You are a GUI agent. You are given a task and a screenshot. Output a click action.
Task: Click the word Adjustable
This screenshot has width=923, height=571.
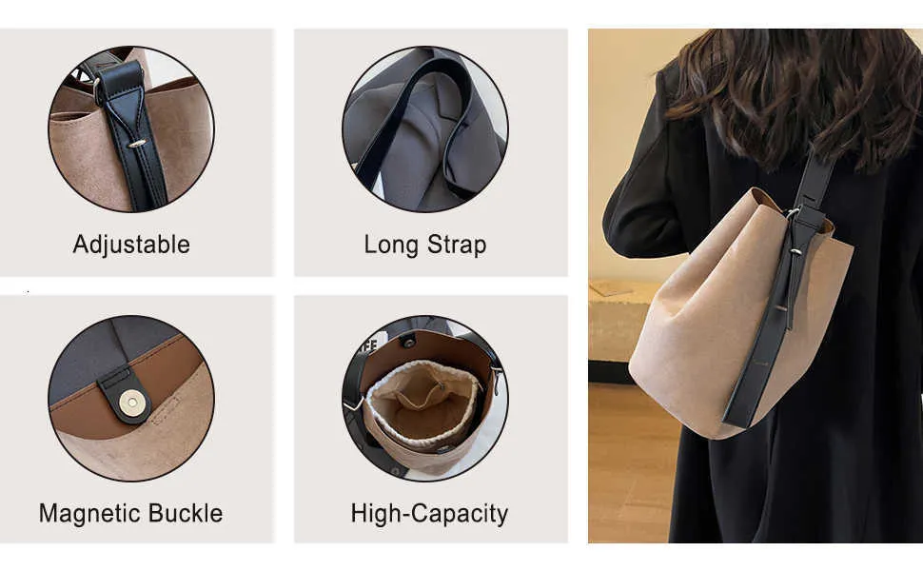[x=131, y=245]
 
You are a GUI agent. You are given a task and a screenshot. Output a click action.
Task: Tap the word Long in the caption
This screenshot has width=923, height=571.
[x=391, y=245]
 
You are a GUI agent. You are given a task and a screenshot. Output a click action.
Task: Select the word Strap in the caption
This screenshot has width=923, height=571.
[x=457, y=245]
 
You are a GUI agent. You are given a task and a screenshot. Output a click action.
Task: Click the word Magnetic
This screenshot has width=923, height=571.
[x=90, y=513]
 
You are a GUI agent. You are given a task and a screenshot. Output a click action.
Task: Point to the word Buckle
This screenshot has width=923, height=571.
[x=186, y=513]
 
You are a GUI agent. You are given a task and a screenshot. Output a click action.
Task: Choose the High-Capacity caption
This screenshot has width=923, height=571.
[x=430, y=513]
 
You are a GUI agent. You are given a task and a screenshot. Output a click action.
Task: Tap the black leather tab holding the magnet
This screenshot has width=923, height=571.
[x=125, y=395]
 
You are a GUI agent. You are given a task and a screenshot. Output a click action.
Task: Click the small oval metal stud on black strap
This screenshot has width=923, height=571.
[x=137, y=143]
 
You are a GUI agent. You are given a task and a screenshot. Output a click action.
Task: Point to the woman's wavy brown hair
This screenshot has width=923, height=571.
[x=795, y=94]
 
